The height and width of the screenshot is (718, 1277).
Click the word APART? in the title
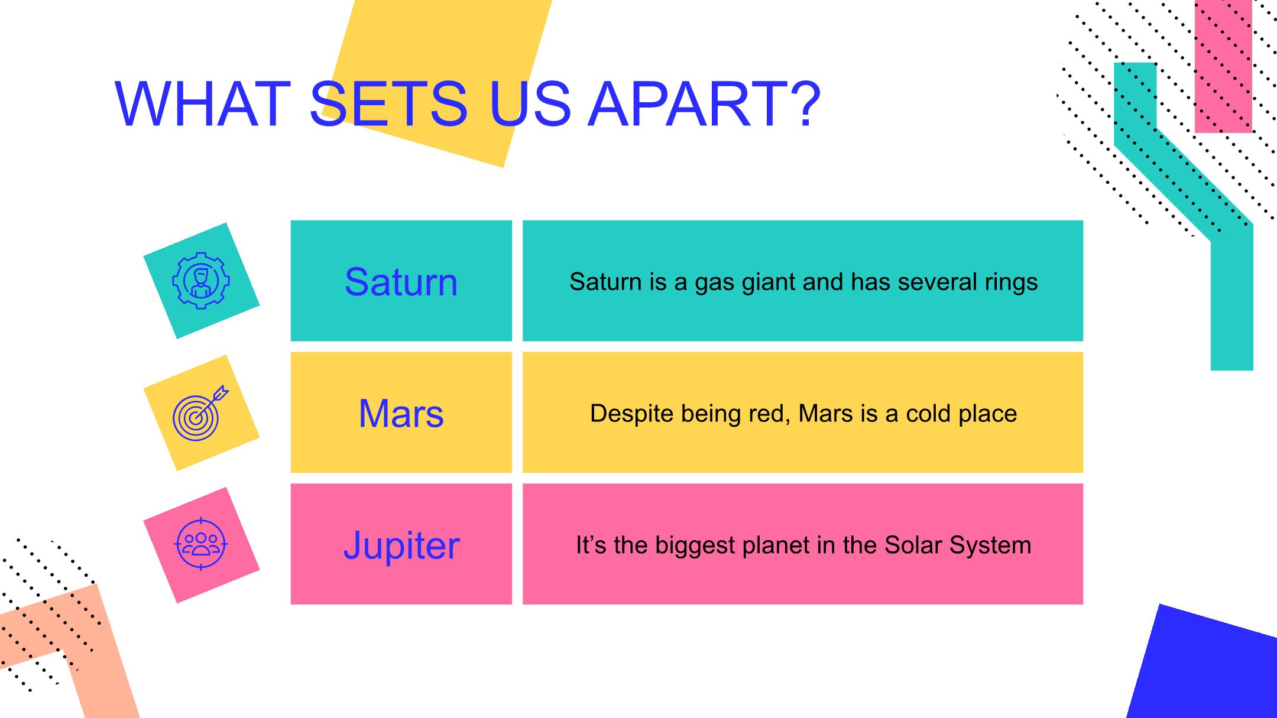704,104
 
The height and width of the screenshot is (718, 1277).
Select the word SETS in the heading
388,104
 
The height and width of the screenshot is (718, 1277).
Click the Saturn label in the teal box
401,281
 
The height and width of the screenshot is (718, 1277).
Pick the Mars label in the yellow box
401,413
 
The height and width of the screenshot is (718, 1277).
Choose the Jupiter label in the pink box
401,545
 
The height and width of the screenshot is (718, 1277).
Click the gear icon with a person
201,280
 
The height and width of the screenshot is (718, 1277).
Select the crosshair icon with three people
201,544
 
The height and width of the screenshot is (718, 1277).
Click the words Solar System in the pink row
958,545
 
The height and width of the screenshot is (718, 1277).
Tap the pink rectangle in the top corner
1223,66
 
